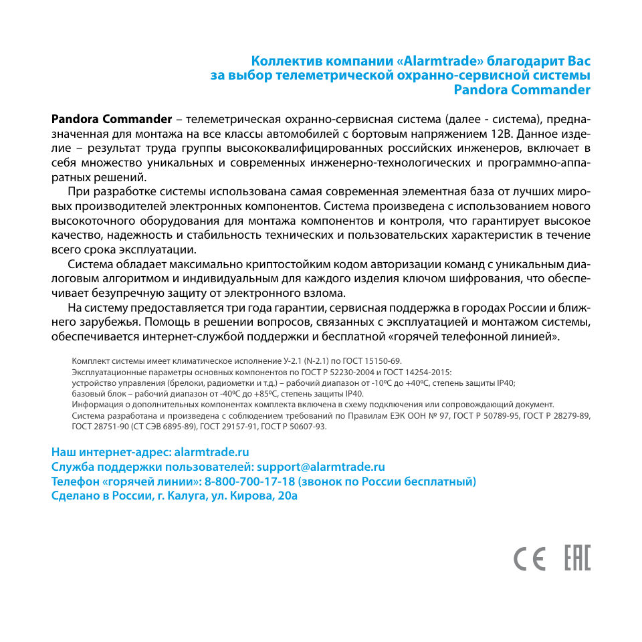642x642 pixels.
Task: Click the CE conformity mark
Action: click(x=529, y=558)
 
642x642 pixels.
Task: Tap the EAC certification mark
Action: click(x=577, y=558)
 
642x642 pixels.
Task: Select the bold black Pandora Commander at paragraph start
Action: click(x=112, y=120)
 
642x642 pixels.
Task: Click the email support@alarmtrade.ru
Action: click(x=321, y=467)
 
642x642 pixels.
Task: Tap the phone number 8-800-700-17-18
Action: click(x=250, y=481)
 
